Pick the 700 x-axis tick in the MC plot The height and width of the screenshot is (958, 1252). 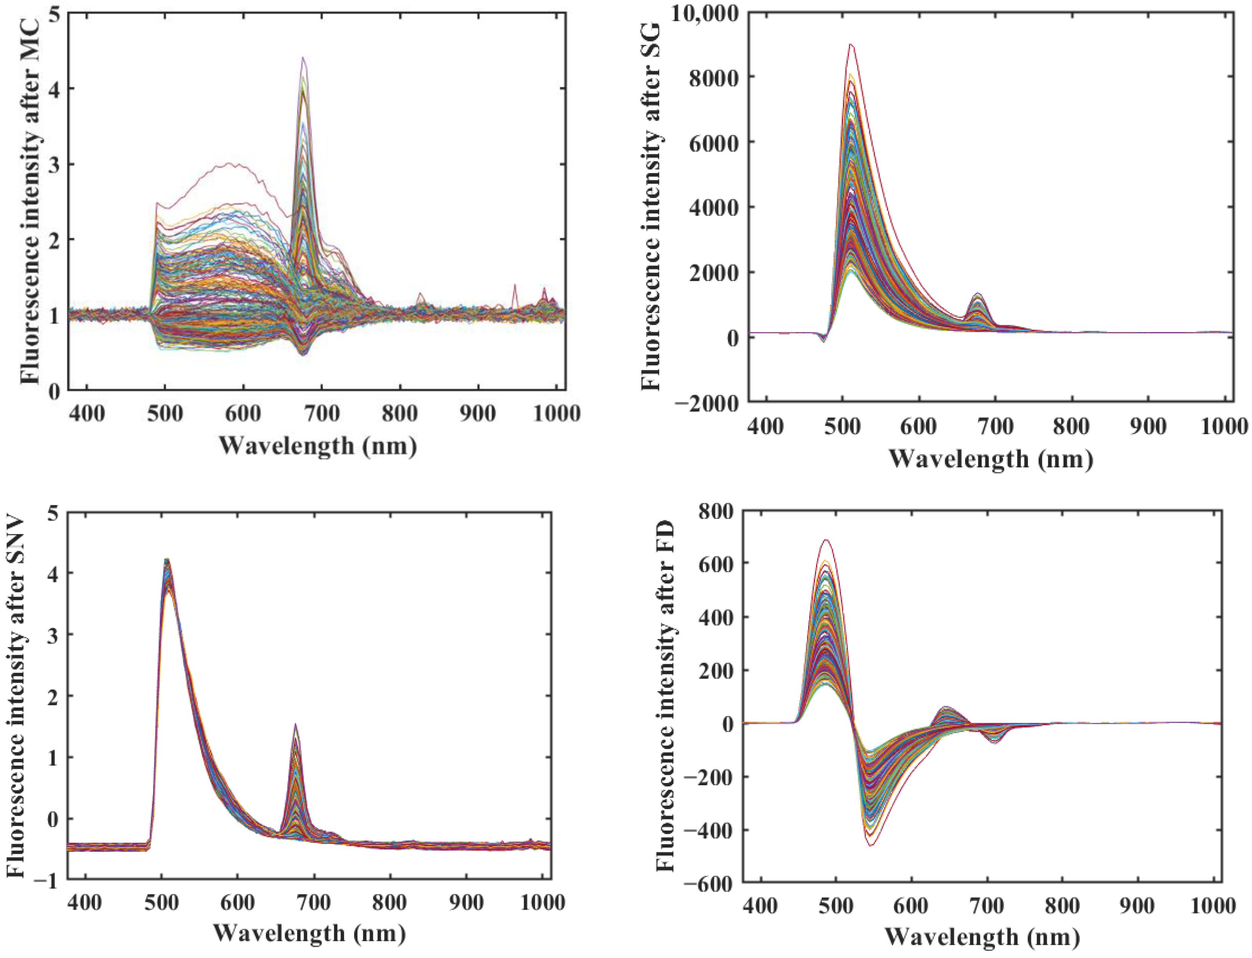[x=322, y=413]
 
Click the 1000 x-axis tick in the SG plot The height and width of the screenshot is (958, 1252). [x=1223, y=426]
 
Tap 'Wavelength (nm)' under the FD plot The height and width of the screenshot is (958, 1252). [x=982, y=937]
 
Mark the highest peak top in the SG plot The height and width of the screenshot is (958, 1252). [x=851, y=45]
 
